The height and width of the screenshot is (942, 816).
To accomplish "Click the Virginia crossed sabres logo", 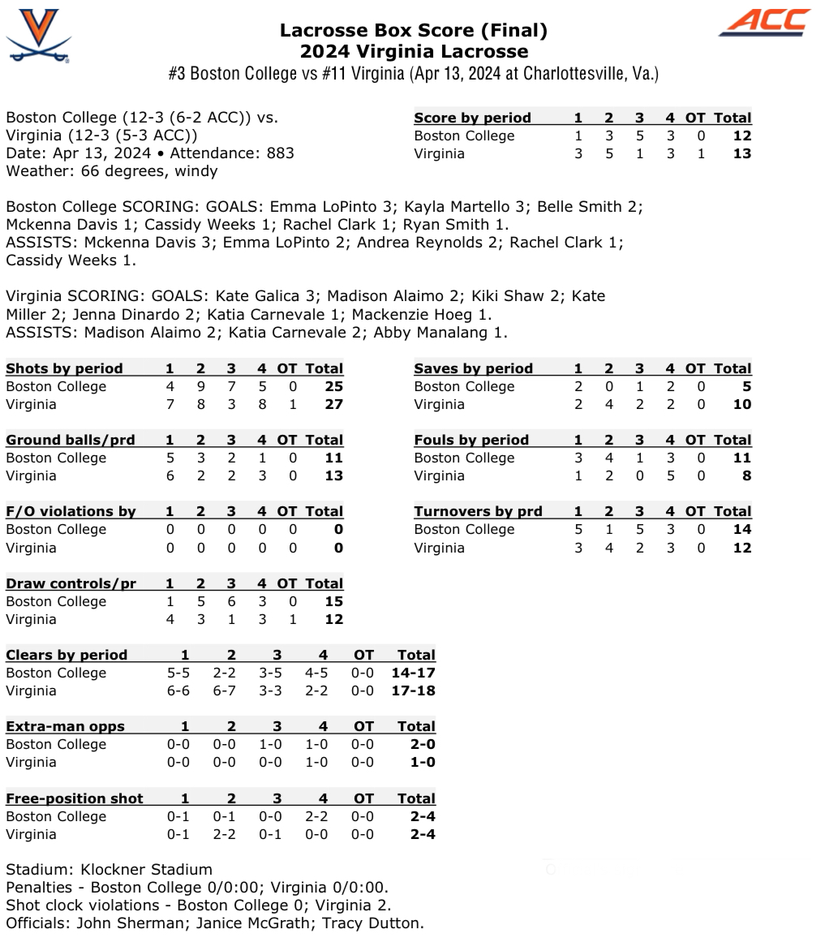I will click(38, 37).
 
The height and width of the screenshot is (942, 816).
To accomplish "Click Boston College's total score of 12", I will click(741, 136).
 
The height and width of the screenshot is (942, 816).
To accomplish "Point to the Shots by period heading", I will click(64, 369).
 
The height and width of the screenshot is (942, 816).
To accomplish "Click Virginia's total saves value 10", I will click(741, 405).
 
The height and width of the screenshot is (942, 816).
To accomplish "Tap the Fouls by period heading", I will click(470, 441).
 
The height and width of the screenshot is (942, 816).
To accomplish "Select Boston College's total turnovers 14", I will click(741, 530).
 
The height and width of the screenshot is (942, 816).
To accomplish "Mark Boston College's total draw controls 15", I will click(333, 602).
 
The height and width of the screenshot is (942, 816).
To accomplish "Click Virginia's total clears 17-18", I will click(413, 691).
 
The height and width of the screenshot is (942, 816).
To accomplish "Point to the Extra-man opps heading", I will click(65, 727).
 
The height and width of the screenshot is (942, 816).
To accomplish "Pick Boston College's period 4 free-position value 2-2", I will click(323, 817).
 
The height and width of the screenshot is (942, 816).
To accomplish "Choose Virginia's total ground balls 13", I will click(333, 476).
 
